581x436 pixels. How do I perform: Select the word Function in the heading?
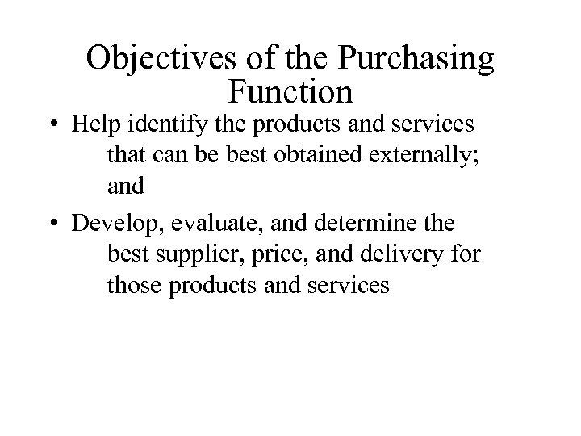pos(290,91)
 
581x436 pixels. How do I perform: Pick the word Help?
pos(93,127)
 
